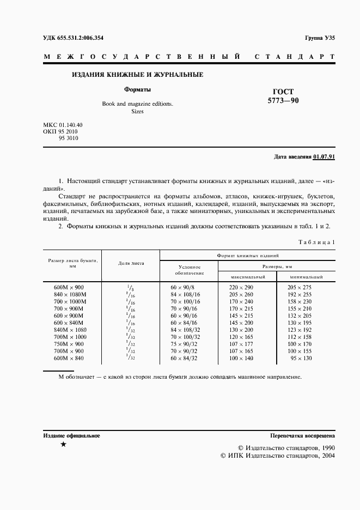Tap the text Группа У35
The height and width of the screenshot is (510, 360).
pyautogui.click(x=320, y=38)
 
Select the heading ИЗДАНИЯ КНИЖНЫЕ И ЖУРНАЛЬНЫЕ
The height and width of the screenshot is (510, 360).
pyautogui.click(x=137, y=75)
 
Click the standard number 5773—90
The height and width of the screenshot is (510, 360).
pyautogui.click(x=283, y=101)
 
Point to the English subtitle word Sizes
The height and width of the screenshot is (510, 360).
pyautogui.click(x=137, y=111)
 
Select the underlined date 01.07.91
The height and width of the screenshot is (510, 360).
pyautogui.click(x=324, y=157)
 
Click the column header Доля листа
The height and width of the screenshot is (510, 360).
pyautogui.click(x=131, y=263)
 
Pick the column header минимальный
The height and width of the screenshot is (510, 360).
pyautogui.click(x=306, y=277)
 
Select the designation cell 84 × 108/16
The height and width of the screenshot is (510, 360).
pyautogui.click(x=186, y=294)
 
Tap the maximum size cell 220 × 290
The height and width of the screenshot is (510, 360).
pyautogui.click(x=241, y=287)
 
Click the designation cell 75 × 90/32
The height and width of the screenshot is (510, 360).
pyautogui.click(x=186, y=344)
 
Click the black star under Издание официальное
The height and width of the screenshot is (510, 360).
pyautogui.click(x=64, y=445)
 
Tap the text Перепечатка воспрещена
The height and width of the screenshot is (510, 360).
pyautogui.click(x=302, y=436)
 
